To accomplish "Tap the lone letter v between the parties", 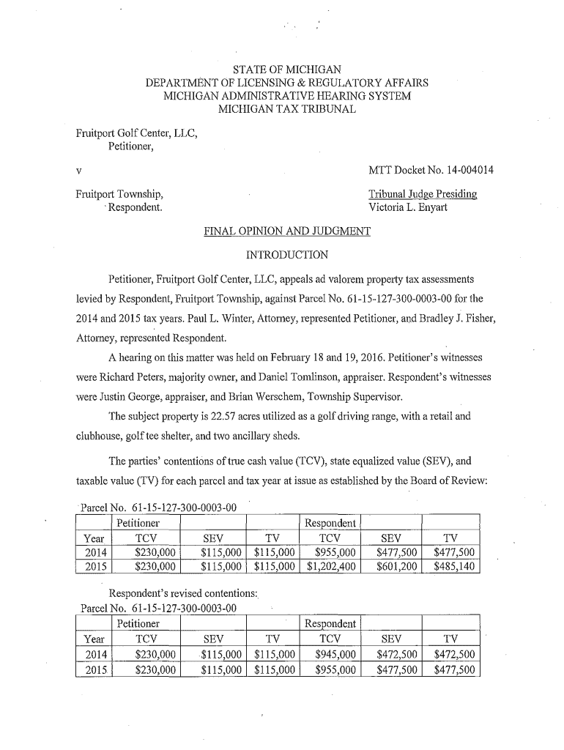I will click(x=78, y=171).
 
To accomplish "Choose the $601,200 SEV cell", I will click(x=396, y=566).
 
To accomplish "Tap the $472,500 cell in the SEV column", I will click(x=396, y=655).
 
